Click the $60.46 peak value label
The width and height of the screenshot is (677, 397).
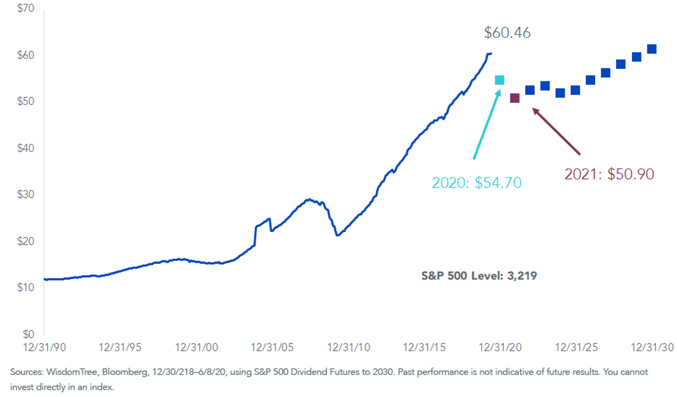pyautogui.click(x=507, y=33)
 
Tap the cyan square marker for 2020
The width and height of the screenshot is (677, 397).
pyautogui.click(x=500, y=80)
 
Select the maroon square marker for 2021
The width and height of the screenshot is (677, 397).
pyautogui.click(x=515, y=98)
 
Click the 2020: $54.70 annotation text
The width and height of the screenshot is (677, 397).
pyautogui.click(x=477, y=183)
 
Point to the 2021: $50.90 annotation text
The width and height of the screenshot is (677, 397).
pyautogui.click(x=609, y=174)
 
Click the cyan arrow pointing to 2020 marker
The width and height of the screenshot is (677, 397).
pyautogui.click(x=487, y=124)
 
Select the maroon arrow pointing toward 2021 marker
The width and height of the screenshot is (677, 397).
pyautogui.click(x=556, y=132)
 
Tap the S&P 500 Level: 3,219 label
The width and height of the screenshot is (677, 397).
pyautogui.click(x=479, y=276)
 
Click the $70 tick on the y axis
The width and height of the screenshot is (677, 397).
pyautogui.click(x=26, y=8)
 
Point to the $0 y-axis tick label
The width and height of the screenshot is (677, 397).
pyautogui.click(x=29, y=334)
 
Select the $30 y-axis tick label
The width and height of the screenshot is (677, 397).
pyautogui.click(x=26, y=194)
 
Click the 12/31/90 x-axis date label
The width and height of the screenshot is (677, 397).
pyautogui.click(x=45, y=348)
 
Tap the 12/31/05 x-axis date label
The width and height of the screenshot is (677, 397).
pyautogui.click(x=272, y=348)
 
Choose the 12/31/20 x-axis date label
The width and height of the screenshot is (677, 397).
pyautogui.click(x=500, y=348)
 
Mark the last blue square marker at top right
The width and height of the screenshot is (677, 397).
pyautogui.click(x=652, y=49)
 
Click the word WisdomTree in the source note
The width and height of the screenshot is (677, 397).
pyautogui.click(x=72, y=372)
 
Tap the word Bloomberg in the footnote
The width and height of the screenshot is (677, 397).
pyautogui.click(x=125, y=372)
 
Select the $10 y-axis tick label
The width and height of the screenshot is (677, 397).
pyautogui.click(x=26, y=287)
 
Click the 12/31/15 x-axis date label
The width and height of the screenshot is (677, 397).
pyautogui.click(x=424, y=348)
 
